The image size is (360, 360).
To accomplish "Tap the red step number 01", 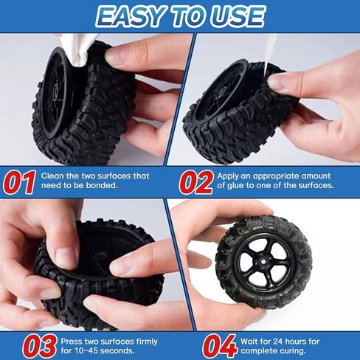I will click(20, 181).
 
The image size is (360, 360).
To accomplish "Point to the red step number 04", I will click(218, 345).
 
